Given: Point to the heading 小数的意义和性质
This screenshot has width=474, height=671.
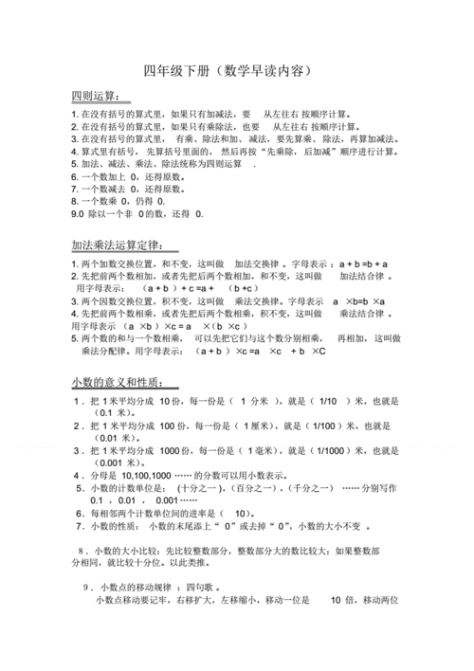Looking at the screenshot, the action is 122,382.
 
